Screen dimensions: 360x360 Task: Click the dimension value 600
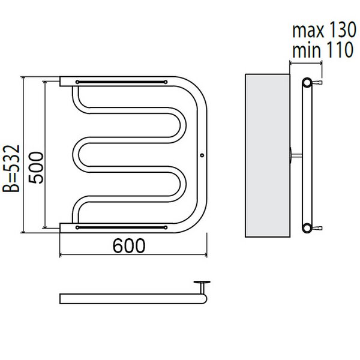[129, 245]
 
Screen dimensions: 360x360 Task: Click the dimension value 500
[36, 167]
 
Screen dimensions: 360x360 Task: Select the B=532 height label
[11, 168]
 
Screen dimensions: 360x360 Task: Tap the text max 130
[324, 31]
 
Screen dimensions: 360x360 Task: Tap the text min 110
[323, 50]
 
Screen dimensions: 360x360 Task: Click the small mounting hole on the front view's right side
[202, 155]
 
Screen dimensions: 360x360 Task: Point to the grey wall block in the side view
[268, 155]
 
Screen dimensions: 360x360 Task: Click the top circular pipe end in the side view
[307, 83]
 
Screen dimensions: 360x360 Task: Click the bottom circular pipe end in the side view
[307, 228]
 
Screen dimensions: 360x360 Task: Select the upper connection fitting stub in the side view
[317, 82]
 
